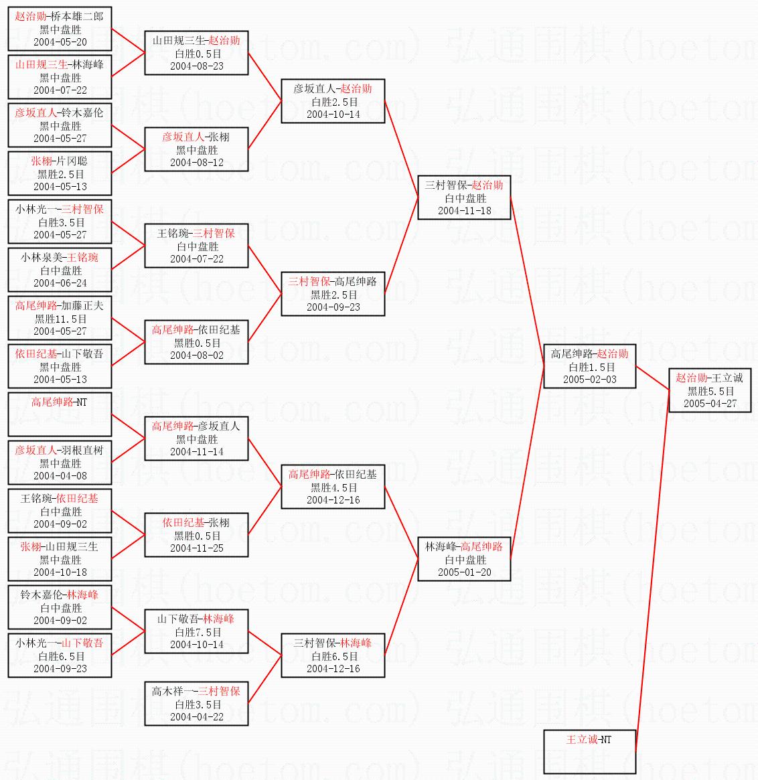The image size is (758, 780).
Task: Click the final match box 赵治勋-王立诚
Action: coord(710,390)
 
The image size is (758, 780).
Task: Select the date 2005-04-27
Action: coord(710,404)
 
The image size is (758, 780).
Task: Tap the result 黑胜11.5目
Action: coord(60,319)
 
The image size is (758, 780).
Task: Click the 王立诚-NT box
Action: coord(589,751)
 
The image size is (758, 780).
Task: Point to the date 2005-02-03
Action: coord(589,380)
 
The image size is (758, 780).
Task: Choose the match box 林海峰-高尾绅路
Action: coord(464,559)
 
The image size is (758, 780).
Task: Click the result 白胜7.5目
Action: coord(197,632)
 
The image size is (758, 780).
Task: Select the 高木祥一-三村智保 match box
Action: coord(197,704)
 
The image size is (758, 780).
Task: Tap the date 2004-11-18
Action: coord(464,211)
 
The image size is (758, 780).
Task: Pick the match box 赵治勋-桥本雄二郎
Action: coord(60,29)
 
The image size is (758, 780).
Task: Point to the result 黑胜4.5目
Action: coord(333,487)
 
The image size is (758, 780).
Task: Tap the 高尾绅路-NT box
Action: coord(60,414)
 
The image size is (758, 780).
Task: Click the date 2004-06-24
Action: coord(60,283)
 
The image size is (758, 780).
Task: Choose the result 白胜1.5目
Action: coord(589,367)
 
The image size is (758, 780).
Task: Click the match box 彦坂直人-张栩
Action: coord(197,149)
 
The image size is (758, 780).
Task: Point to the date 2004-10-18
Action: coord(60,572)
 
